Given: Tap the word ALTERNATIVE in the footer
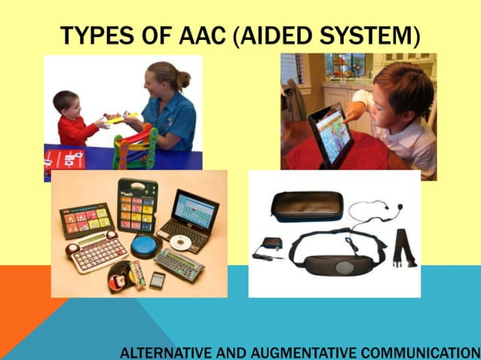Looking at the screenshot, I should (x=165, y=352).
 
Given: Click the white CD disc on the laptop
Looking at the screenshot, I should (x=179, y=242).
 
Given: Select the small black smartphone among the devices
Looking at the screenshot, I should (x=157, y=280).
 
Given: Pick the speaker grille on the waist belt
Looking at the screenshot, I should (x=345, y=267).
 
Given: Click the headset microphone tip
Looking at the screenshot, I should (x=400, y=206).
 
